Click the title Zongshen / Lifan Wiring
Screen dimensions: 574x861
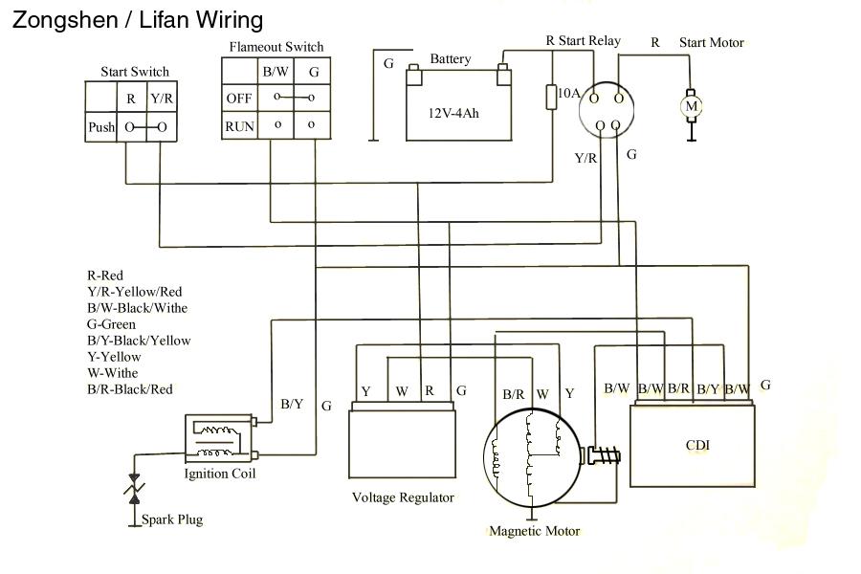click(x=137, y=19)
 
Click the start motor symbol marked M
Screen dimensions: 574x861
click(x=691, y=106)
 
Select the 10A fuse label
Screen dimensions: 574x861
click(x=568, y=93)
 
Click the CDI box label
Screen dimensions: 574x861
click(x=697, y=445)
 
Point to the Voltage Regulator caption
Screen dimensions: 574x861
click(x=403, y=497)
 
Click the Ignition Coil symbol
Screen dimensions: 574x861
click(x=220, y=437)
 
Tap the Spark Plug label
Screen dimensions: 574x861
click(x=172, y=519)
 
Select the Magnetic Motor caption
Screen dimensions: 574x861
click(x=534, y=531)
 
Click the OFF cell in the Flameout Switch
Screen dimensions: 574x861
click(x=238, y=98)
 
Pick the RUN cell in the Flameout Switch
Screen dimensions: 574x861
click(x=238, y=125)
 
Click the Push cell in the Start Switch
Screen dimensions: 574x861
click(x=101, y=127)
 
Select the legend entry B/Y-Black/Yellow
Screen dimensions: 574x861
click(x=139, y=341)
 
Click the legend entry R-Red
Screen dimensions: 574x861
click(x=105, y=276)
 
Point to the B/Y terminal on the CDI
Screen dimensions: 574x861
click(x=708, y=388)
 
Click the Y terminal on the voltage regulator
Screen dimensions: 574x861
click(x=365, y=391)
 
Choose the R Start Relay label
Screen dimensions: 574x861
click(x=583, y=41)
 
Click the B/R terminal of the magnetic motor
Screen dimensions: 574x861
click(x=514, y=394)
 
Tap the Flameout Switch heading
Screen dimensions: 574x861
click(x=276, y=47)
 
